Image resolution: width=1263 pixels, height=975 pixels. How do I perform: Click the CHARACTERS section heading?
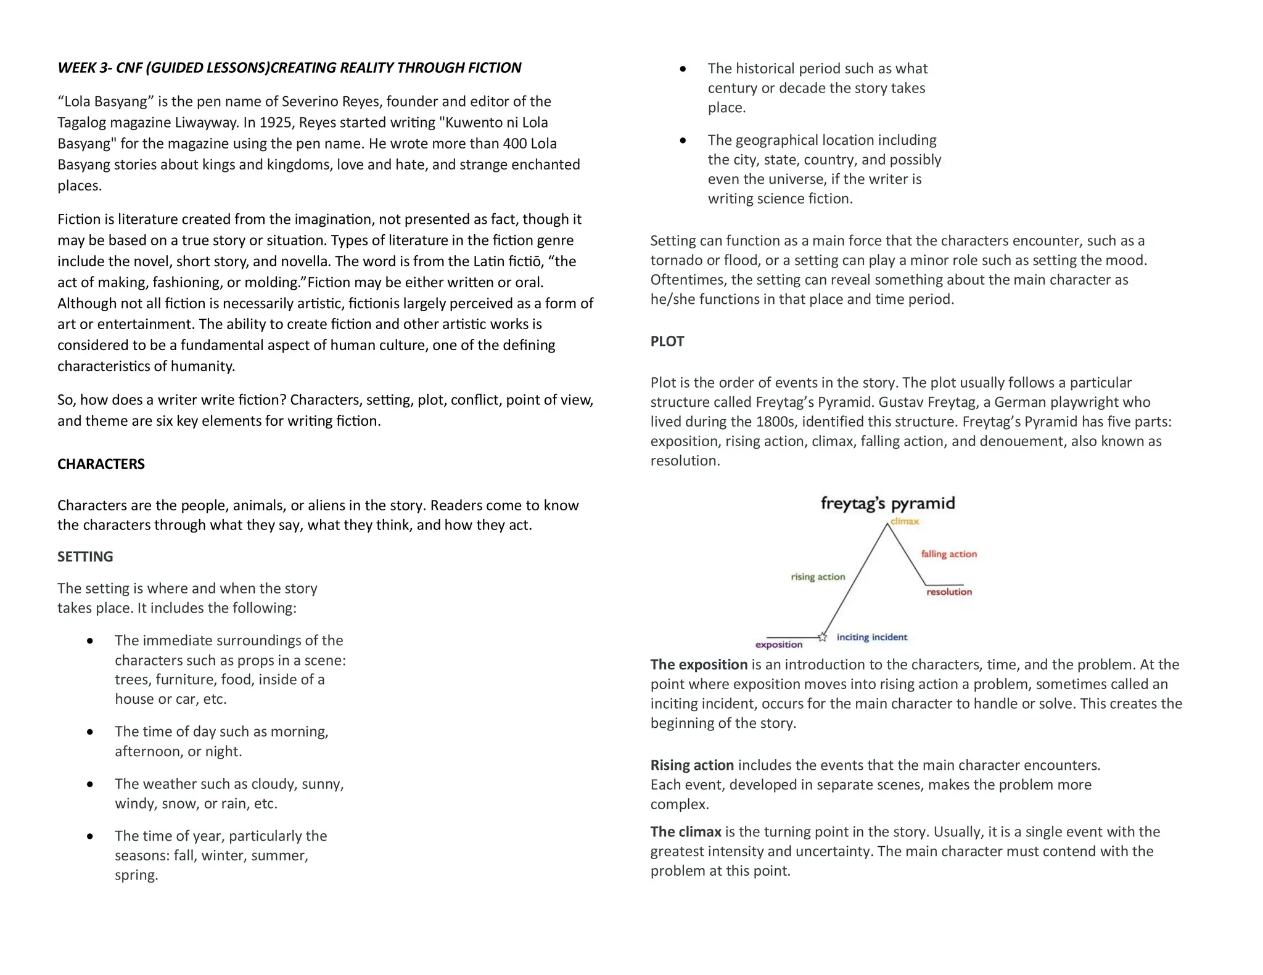tap(101, 464)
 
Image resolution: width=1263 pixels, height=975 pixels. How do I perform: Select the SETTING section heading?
tap(85, 557)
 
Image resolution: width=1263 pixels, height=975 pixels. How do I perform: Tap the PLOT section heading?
tap(667, 341)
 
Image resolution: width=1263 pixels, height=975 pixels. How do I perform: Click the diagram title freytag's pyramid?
tap(887, 504)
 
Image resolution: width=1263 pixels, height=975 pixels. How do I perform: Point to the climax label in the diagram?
tap(905, 521)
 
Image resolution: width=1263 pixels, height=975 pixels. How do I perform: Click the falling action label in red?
tap(948, 554)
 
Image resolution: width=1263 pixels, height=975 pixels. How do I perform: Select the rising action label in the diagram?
tap(818, 577)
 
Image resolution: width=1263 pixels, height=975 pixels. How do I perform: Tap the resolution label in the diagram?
tap(948, 592)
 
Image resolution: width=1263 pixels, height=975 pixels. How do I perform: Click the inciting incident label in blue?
tap(871, 637)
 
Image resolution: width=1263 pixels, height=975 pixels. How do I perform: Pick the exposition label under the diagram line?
tap(779, 645)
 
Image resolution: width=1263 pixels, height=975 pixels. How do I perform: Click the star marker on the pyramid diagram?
tap(822, 637)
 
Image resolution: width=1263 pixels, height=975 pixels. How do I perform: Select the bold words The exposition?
tap(699, 664)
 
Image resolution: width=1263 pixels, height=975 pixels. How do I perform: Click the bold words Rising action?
tap(692, 765)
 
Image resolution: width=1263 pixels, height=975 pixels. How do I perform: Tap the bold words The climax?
tap(686, 832)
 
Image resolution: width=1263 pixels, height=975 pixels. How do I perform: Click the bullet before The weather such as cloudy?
tap(91, 785)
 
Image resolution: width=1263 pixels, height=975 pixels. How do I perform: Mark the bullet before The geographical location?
tap(683, 141)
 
